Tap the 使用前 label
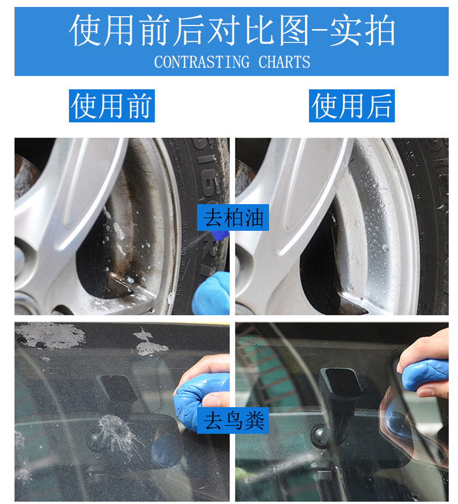pos(112,106)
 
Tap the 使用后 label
pos(352,106)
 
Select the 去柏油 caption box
pos(233,217)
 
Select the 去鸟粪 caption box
pos(233,420)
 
